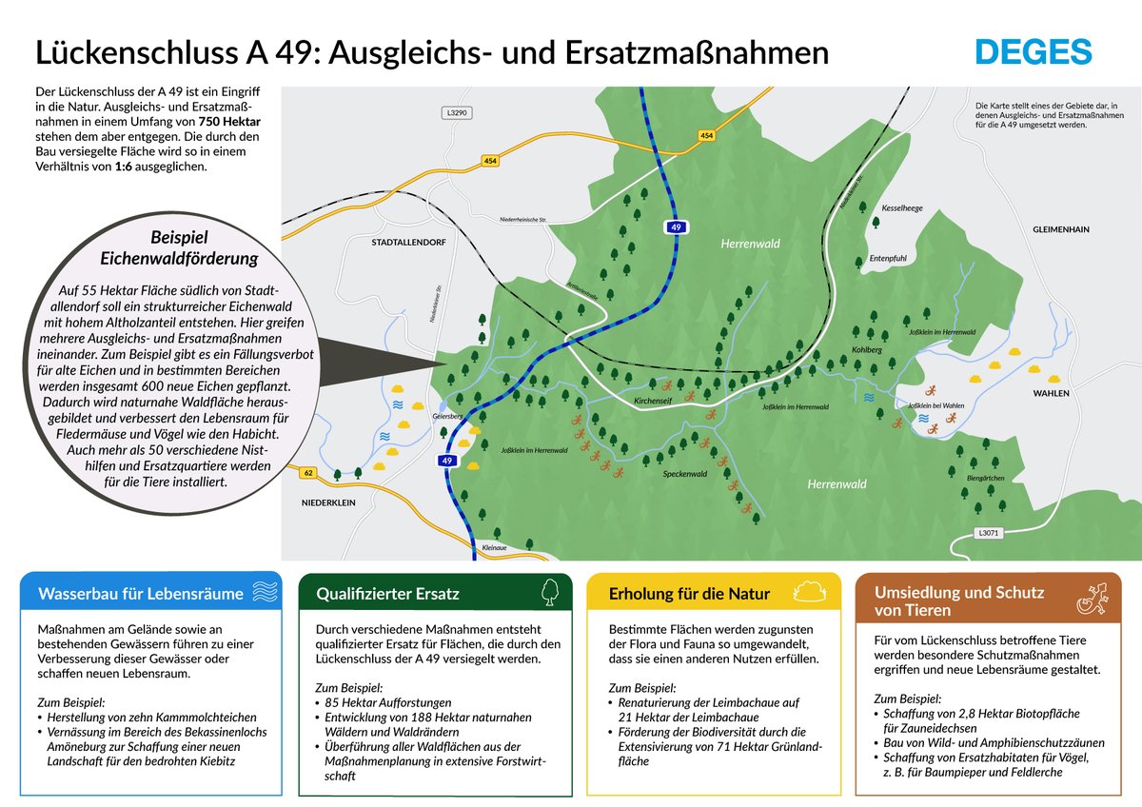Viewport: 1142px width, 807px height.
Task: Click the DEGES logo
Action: [x=1033, y=51]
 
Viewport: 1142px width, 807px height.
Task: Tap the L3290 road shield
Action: [x=457, y=113]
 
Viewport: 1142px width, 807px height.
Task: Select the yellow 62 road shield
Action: [x=307, y=472]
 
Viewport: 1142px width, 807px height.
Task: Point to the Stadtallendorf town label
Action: [x=408, y=243]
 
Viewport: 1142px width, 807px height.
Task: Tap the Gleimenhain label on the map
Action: [x=1060, y=229]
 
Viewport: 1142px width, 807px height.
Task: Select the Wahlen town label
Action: [x=1052, y=393]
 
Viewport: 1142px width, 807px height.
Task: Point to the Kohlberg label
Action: [x=867, y=350]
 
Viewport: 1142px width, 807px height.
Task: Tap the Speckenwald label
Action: [x=685, y=473]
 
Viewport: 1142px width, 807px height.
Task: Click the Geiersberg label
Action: [x=447, y=416]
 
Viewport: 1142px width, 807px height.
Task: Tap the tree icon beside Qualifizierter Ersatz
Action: [x=549, y=592]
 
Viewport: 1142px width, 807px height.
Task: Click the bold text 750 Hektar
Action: [x=229, y=123]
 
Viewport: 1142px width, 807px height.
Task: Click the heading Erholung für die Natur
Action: [x=689, y=594]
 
